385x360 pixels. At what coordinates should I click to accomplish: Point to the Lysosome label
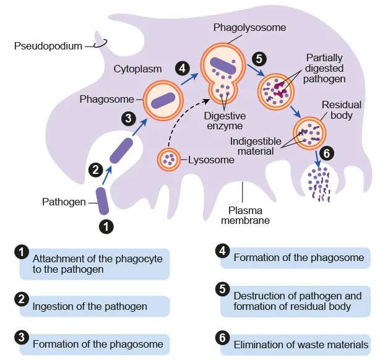pyautogui.click(x=212, y=160)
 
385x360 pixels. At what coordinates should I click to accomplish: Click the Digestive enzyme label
pyautogui.click(x=225, y=121)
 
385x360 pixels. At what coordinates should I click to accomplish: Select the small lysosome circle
pyautogui.click(x=168, y=159)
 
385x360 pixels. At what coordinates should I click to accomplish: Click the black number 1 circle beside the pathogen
pyautogui.click(x=107, y=226)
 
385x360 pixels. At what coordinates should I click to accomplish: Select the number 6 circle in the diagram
pyautogui.click(x=327, y=153)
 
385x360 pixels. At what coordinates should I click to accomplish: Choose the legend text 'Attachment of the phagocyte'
pyautogui.click(x=97, y=259)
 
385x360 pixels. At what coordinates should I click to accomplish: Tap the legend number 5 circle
pyautogui.click(x=222, y=289)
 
